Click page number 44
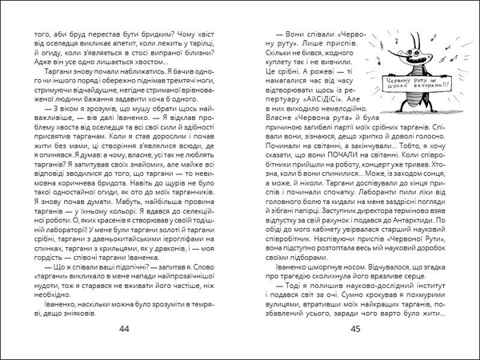click(x=122, y=330)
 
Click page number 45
click(x=358, y=330)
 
